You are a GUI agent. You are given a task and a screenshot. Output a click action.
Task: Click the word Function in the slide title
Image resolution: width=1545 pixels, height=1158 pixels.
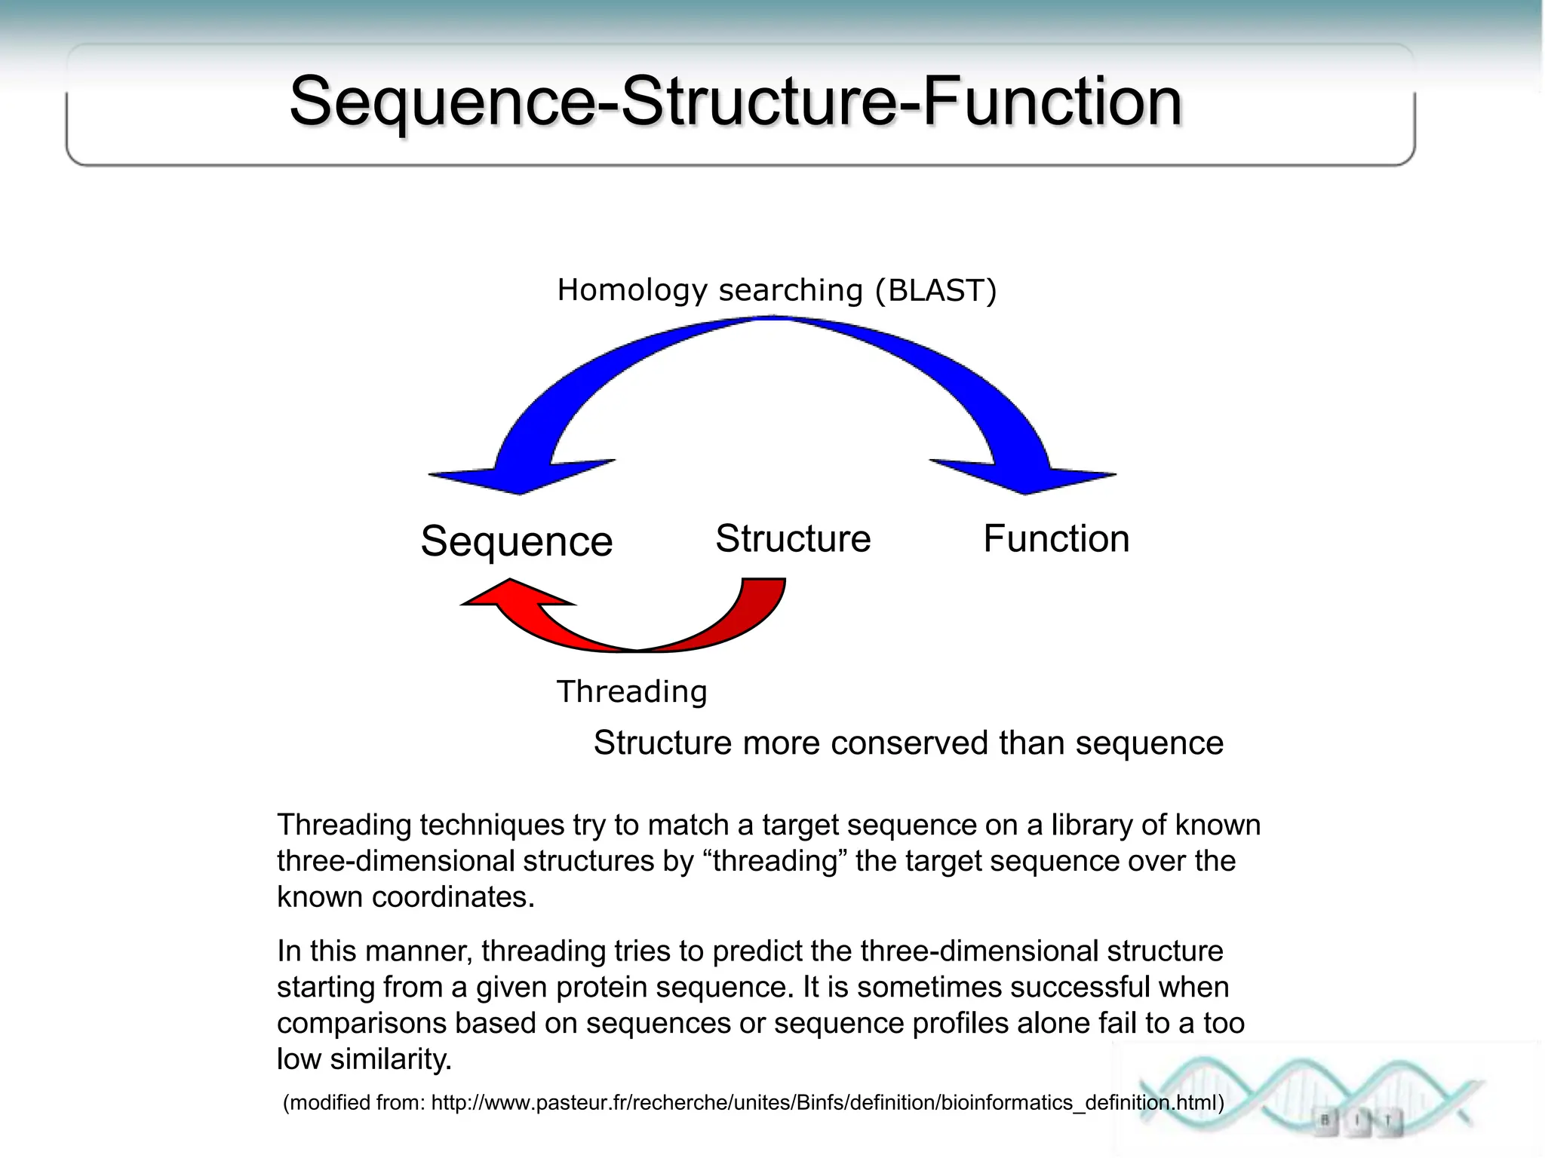(x=1051, y=102)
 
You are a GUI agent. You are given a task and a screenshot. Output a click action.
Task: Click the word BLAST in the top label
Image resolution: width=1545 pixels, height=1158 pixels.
(x=935, y=290)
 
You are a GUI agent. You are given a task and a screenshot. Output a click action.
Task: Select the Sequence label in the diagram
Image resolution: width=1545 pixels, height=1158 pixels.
(x=516, y=541)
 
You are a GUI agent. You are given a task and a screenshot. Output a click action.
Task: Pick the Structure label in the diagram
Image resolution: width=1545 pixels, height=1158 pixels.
(x=793, y=539)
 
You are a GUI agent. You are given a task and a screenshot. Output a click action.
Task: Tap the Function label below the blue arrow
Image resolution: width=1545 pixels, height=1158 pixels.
(x=1056, y=539)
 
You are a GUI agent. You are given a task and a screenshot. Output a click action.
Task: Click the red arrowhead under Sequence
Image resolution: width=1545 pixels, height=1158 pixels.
(x=513, y=595)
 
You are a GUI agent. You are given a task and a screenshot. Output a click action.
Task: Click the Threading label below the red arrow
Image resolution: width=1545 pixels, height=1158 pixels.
(x=632, y=691)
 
